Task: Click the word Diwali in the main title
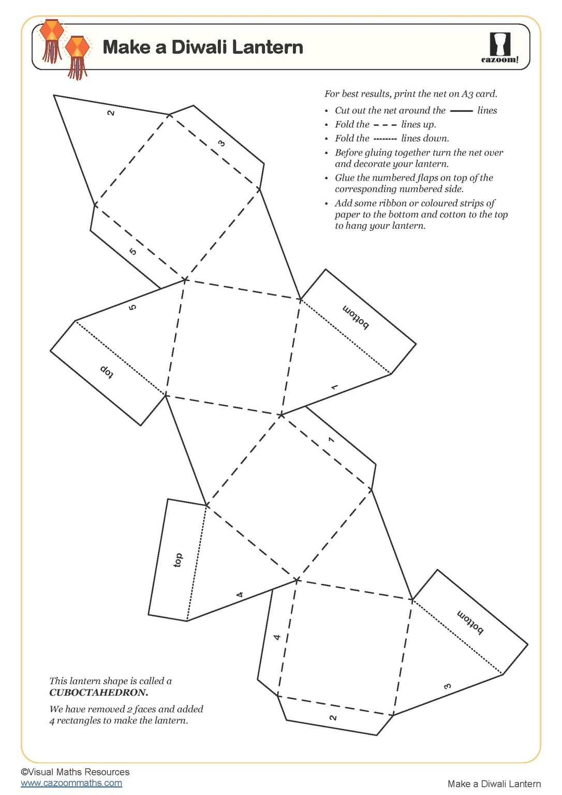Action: coord(199,47)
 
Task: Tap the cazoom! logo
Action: coord(500,48)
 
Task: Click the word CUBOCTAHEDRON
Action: coord(98,693)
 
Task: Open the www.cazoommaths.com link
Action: coord(71,783)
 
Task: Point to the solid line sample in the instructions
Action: coord(461,111)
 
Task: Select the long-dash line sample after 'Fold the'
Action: coord(385,125)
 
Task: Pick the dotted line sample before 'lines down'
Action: coord(385,139)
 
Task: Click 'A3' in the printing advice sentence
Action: coord(467,94)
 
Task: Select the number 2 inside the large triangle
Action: coord(111,112)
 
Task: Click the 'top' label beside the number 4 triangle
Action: coord(178,560)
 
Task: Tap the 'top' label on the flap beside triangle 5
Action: coord(107,371)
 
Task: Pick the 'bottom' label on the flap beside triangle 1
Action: coord(356,317)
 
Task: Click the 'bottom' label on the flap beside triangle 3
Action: coord(470,622)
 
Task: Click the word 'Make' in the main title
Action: coord(126,47)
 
